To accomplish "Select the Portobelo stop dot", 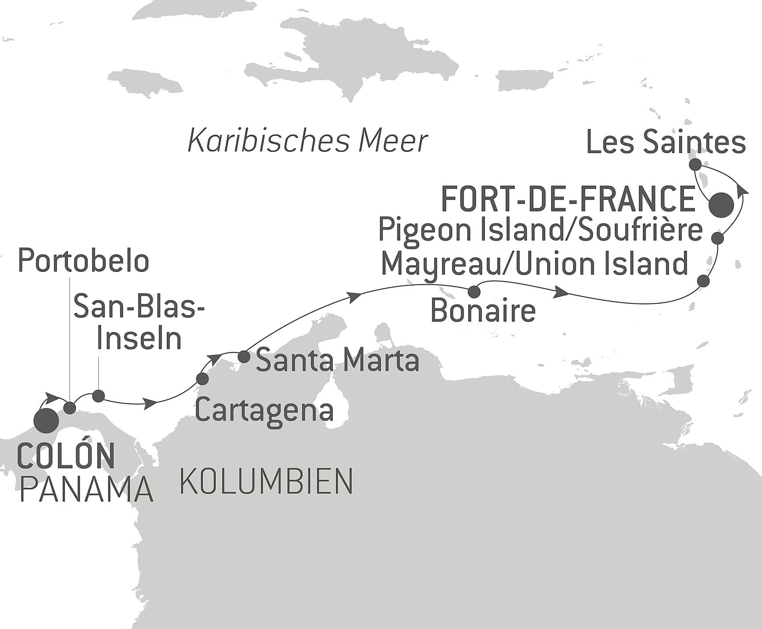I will (x=70, y=407).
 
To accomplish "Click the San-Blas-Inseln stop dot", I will (x=98, y=396).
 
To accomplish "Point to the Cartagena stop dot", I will (x=202, y=378).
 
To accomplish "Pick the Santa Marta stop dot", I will (x=244, y=356).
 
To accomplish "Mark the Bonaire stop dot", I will (x=474, y=291).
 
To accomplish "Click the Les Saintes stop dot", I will (x=695, y=165).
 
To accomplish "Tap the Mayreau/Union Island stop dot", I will (x=703, y=281).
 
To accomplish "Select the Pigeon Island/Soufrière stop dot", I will (x=718, y=238).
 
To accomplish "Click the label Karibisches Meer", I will (x=308, y=141).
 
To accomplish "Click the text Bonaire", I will (x=483, y=311).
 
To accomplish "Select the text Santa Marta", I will (x=338, y=360).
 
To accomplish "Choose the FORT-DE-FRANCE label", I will (x=569, y=200).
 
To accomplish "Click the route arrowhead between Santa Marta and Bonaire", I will (x=354, y=297).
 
